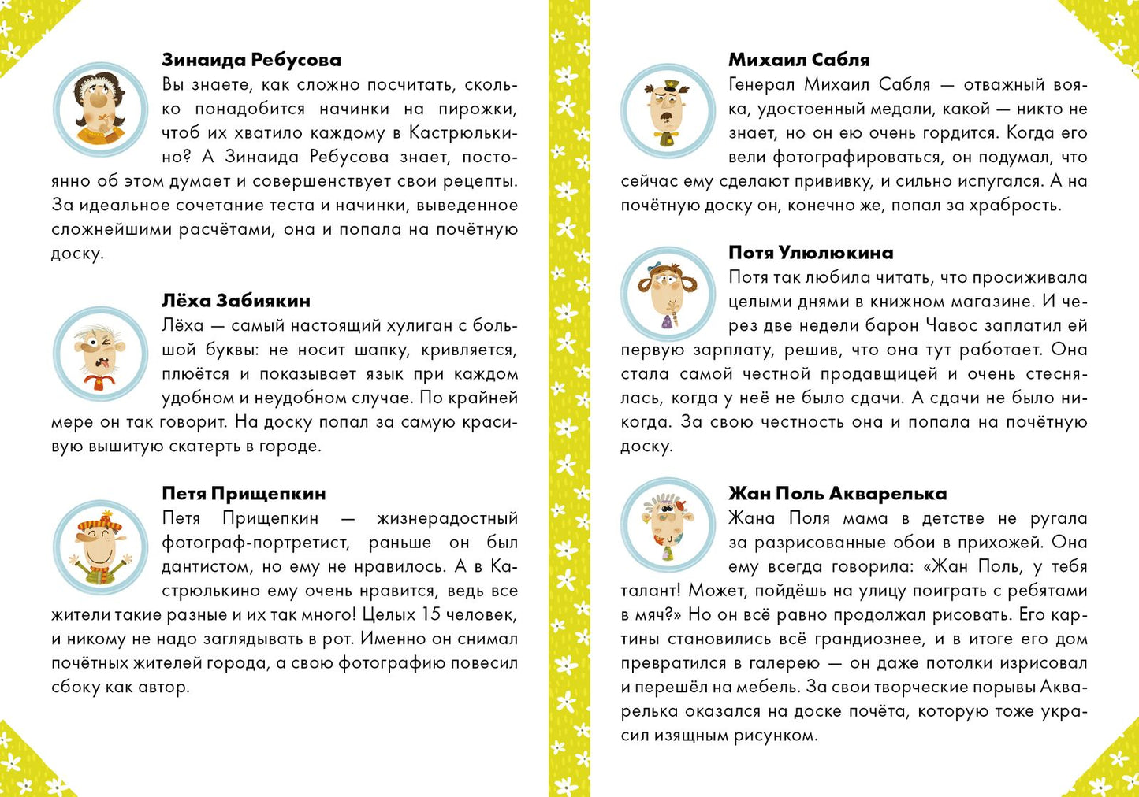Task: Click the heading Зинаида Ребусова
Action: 251,60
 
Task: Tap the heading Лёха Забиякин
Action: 236,301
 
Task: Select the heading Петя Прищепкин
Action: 244,494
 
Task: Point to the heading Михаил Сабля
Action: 798,60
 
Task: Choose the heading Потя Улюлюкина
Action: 810,253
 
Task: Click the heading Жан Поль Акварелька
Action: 837,494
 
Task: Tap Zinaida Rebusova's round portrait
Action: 100,109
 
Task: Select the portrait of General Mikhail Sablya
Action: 668,109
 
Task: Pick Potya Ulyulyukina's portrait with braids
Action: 668,293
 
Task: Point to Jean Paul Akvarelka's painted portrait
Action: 668,525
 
